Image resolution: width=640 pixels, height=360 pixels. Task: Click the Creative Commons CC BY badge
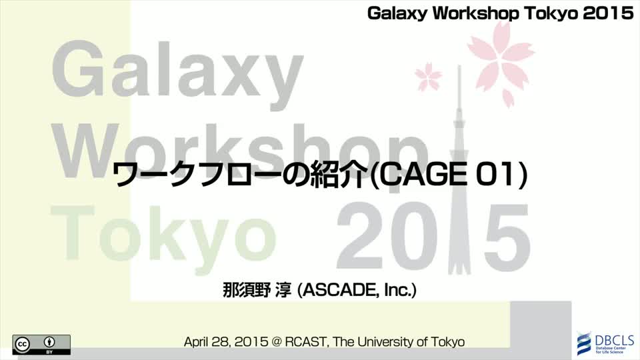[41, 345]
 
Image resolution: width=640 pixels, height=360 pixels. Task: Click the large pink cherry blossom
[501, 61]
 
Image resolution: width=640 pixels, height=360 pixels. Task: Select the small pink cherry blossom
[428, 76]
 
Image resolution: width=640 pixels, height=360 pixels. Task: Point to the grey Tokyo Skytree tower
[459, 171]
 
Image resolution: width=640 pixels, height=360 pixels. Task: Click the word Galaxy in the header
[397, 13]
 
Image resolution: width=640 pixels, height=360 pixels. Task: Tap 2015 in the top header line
[608, 13]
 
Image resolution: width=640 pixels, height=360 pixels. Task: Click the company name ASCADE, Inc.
[357, 290]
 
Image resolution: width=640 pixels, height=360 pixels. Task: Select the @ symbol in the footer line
[276, 341]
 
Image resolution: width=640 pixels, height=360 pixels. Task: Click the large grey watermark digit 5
[501, 239]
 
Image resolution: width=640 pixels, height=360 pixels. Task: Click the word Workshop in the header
[476, 13]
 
